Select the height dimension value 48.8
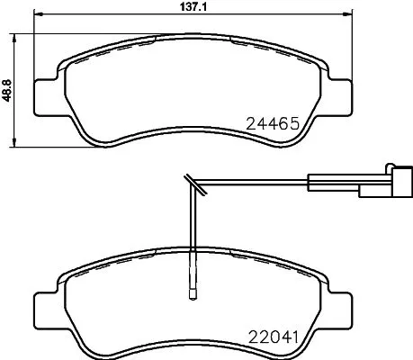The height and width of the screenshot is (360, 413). tap(8, 88)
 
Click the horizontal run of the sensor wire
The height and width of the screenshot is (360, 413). tap(261, 184)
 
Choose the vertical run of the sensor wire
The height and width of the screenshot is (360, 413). tap(193, 234)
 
